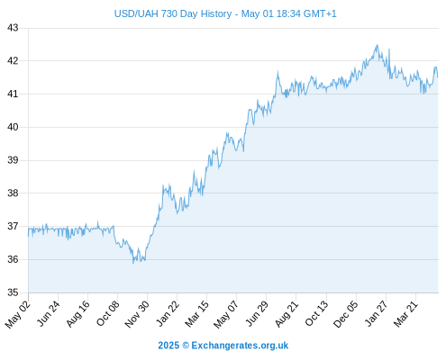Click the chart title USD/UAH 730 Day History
click(x=173, y=13)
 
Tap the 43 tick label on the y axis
click(x=13, y=28)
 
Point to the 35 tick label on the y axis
click(x=13, y=292)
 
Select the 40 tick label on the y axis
click(x=13, y=127)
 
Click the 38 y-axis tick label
click(x=13, y=193)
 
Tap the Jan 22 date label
click(x=168, y=314)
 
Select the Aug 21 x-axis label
click(x=287, y=314)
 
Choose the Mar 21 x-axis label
click(x=405, y=314)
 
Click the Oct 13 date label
click(x=316, y=314)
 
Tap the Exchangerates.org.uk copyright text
click(x=240, y=346)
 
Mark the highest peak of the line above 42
click(x=378, y=45)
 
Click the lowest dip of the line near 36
click(x=133, y=263)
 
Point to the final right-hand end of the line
click(x=438, y=77)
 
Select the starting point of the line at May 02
click(x=29, y=236)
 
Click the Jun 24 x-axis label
click(x=48, y=314)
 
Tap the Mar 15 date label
click(x=196, y=314)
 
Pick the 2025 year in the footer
click(x=168, y=346)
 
